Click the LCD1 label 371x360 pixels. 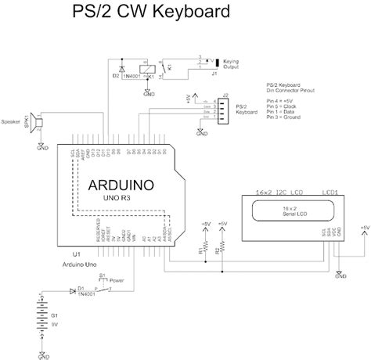coord(330,191)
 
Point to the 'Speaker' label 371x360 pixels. coord(12,122)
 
